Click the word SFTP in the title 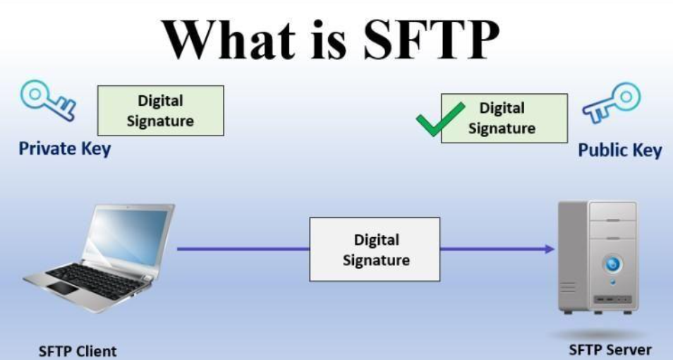(431, 40)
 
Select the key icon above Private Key (48, 100)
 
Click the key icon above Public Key (611, 102)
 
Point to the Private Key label (65, 149)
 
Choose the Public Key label (620, 150)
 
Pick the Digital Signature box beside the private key (161, 110)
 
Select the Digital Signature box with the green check (504, 118)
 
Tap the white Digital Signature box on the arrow (375, 250)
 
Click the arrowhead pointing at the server (550, 248)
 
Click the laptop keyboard (97, 282)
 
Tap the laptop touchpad (64, 288)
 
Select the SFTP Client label (78, 351)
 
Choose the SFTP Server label (610, 349)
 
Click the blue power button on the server (613, 263)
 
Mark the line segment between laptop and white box (243, 248)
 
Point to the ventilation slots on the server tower (567, 287)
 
